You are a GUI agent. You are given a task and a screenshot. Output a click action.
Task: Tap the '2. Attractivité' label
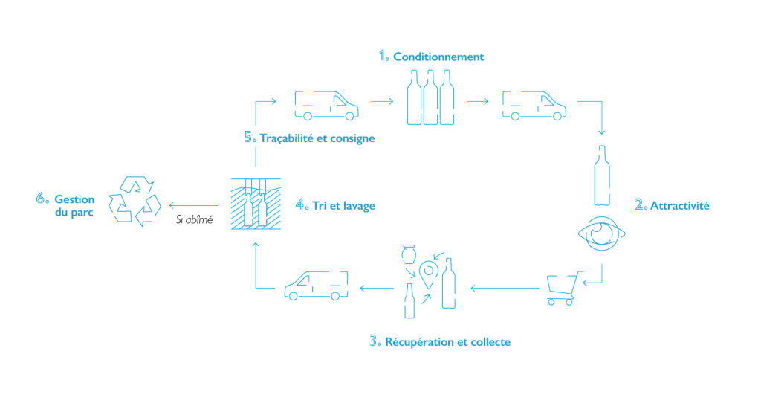672,206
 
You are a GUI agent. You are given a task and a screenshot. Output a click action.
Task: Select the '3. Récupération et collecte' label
440,342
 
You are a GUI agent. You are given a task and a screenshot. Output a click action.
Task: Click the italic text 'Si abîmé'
195,221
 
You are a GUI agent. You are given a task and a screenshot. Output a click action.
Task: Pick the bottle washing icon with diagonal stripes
254,204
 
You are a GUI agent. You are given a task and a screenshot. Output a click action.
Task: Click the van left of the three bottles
326,105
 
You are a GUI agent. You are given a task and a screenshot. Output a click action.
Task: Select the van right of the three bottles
533,105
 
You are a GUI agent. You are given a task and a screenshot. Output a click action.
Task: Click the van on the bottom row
317,285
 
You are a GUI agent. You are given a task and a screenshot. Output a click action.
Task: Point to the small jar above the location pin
407,254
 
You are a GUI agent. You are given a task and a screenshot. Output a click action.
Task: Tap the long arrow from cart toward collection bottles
505,287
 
